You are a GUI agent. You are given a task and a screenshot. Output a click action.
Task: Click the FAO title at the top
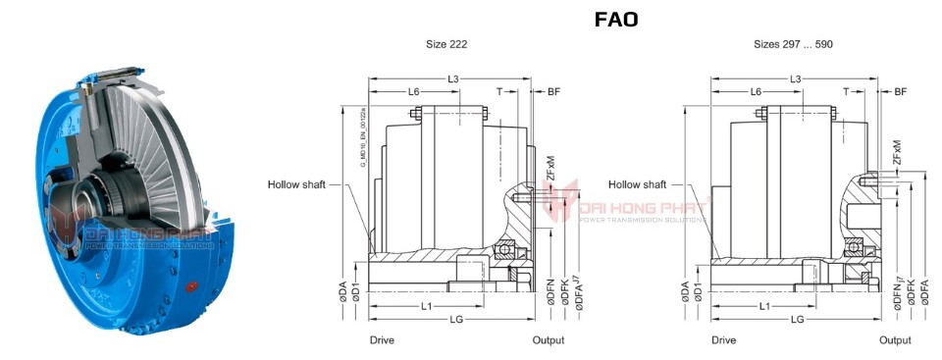[617, 20]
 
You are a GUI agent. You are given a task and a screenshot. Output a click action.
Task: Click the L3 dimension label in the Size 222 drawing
[452, 77]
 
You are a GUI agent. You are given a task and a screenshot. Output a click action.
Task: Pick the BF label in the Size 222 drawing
[554, 91]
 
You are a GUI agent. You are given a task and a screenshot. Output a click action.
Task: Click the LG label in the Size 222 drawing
[454, 319]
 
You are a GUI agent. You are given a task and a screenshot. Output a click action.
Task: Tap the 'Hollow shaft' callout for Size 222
[298, 183]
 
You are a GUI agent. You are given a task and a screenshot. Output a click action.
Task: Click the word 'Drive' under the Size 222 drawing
[382, 340]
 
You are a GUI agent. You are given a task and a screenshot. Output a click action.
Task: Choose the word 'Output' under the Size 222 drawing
[548, 340]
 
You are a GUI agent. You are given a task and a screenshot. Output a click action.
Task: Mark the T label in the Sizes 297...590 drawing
[846, 91]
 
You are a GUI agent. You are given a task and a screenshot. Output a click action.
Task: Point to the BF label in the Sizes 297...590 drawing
[901, 91]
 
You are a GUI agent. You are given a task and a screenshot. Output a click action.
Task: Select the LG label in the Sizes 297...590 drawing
[798, 319]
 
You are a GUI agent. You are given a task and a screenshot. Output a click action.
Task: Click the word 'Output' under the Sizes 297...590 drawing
[894, 340]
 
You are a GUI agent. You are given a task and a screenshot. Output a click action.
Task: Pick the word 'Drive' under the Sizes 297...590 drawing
[723, 340]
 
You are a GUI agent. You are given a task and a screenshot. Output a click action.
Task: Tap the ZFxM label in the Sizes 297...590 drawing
[897, 153]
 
